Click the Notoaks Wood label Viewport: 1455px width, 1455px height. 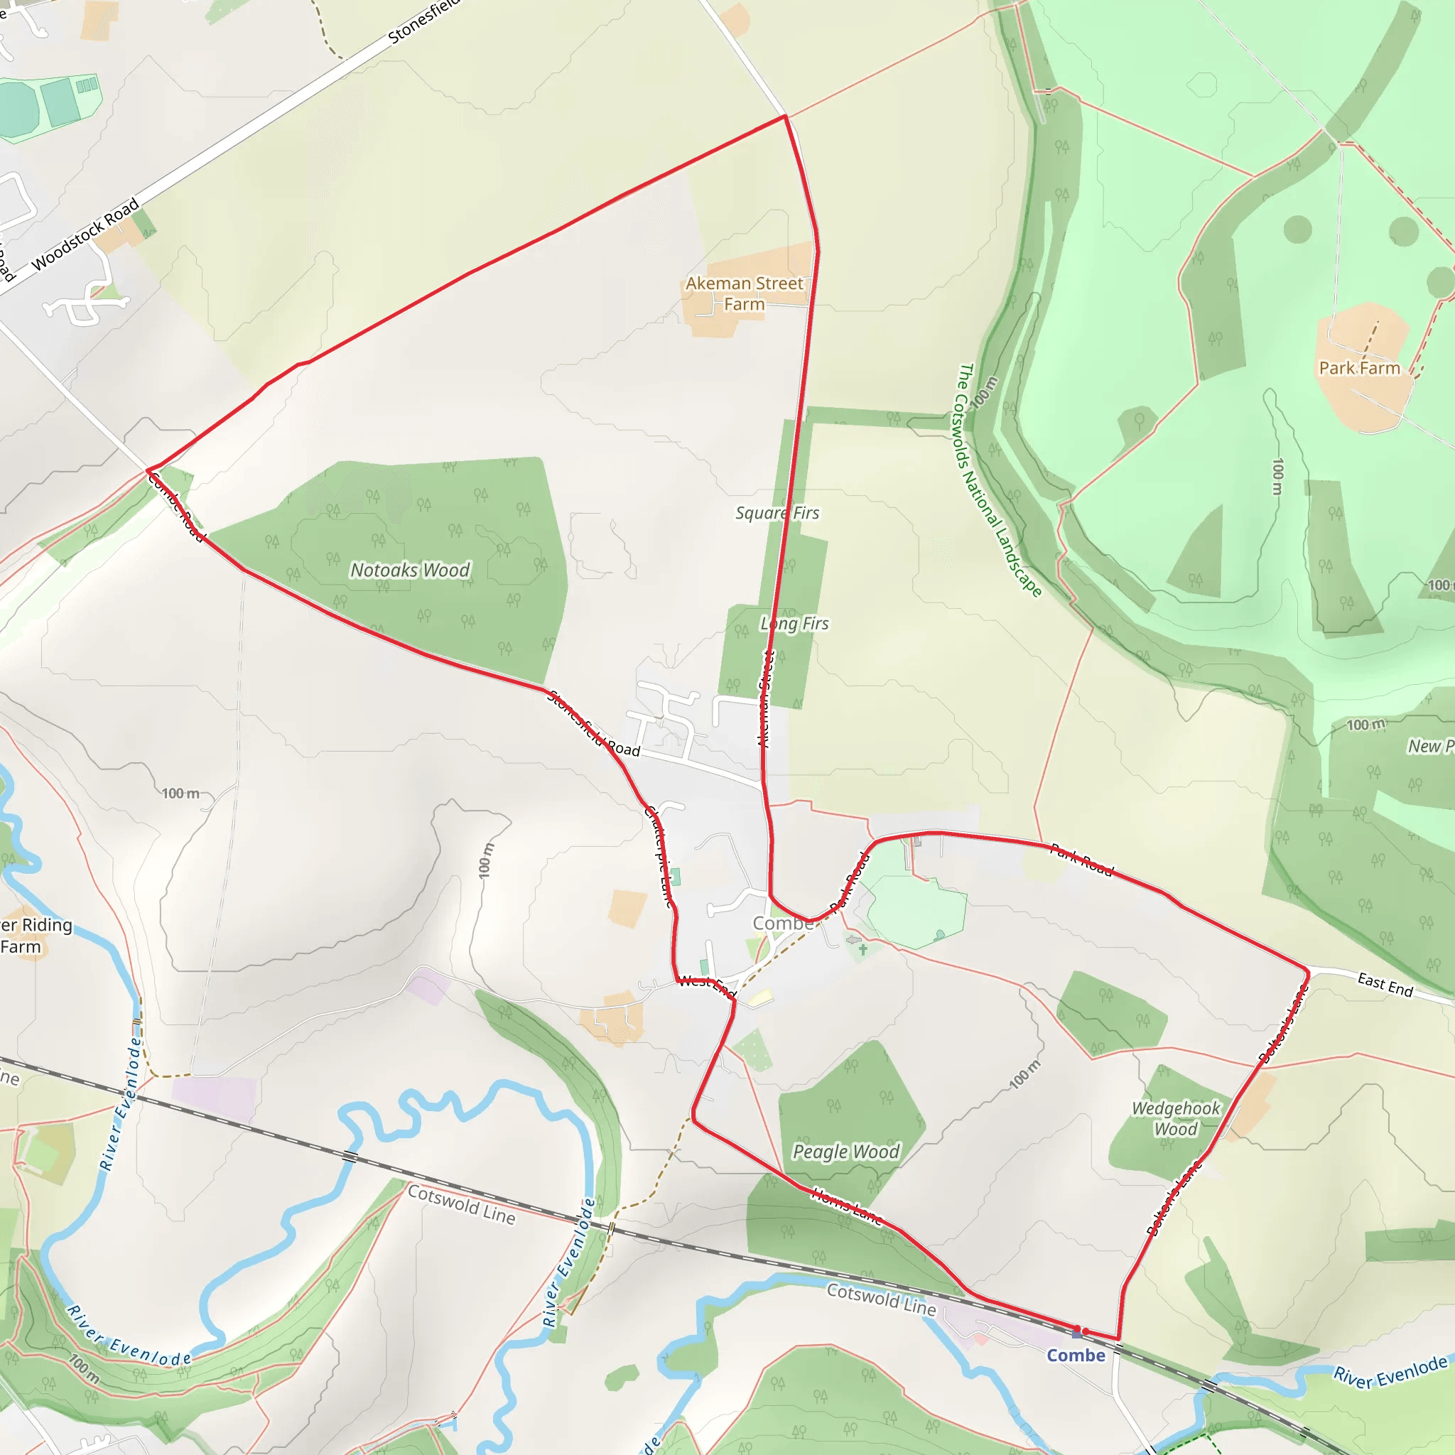click(411, 570)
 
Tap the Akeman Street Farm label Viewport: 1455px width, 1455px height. click(744, 293)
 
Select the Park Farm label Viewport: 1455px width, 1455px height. click(1359, 368)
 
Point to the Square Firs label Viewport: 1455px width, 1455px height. click(777, 513)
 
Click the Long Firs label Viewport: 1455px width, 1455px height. click(794, 624)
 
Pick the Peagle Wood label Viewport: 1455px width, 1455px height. click(845, 1152)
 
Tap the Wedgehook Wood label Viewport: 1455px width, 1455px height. click(1176, 1118)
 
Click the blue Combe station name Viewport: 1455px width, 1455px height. click(1076, 1356)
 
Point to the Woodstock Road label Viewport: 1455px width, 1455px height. click(86, 234)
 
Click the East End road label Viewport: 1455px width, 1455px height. click(1385, 984)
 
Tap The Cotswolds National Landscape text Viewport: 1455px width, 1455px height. click(999, 480)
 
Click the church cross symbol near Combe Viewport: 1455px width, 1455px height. click(863, 950)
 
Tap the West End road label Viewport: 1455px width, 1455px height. click(705, 985)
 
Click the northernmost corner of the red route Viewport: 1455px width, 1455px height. click(786, 116)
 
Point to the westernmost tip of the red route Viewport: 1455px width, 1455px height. click(147, 471)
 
